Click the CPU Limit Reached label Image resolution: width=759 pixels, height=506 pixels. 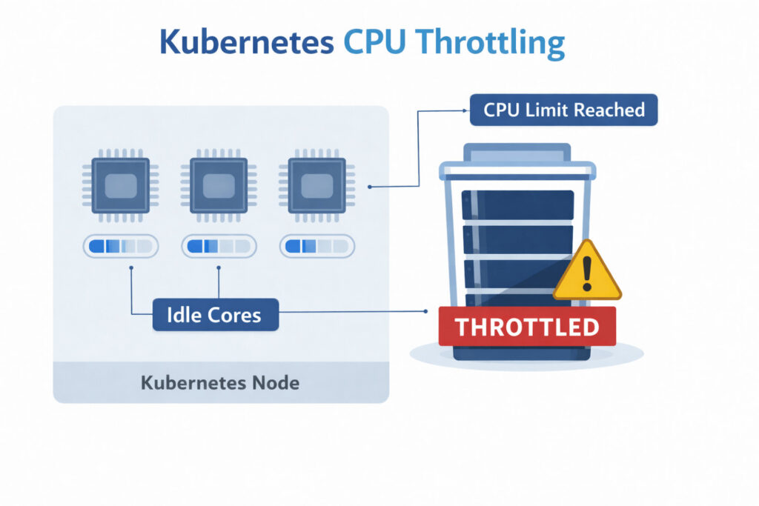coord(563,110)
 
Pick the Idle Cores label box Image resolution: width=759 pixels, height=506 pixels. coord(216,314)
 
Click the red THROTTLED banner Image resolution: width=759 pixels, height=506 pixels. coord(526,326)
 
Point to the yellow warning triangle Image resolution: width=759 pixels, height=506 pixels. coord(587,273)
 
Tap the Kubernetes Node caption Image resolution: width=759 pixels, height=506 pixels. coord(220,383)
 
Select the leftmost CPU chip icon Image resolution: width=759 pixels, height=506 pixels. coord(120,185)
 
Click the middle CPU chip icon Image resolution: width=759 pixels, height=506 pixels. coord(218,185)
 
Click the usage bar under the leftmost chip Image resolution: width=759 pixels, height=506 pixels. coord(120,246)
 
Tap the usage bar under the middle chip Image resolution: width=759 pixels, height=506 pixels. coord(218,246)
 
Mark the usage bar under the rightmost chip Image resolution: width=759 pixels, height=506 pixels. coord(315,246)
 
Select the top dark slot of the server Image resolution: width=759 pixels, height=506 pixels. coord(518,204)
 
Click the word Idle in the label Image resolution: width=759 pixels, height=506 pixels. coord(185,314)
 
